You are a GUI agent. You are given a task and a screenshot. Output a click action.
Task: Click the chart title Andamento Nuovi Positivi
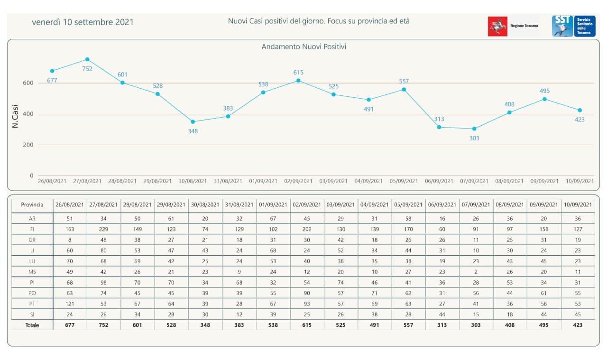pyautogui.click(x=304, y=46)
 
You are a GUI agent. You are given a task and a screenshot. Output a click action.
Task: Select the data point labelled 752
pyautogui.click(x=87, y=59)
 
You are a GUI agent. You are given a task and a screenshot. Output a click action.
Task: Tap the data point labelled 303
pyautogui.click(x=474, y=129)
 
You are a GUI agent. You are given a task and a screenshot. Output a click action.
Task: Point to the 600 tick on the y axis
pyautogui.click(x=28, y=83)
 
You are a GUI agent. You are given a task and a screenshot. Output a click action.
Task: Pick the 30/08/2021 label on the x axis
pyautogui.click(x=193, y=181)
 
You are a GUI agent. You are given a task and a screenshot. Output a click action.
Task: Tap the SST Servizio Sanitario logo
pyautogui.click(x=573, y=26)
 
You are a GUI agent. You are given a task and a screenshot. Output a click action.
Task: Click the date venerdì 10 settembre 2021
pyautogui.click(x=83, y=22)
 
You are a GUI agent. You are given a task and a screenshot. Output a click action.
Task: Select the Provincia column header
pyautogui.click(x=32, y=205)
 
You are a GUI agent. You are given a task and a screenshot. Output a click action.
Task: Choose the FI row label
pyautogui.click(x=32, y=229)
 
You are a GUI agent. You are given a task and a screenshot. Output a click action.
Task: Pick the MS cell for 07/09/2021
pyautogui.click(x=476, y=272)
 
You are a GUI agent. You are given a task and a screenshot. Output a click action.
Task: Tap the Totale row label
pyautogui.click(x=32, y=325)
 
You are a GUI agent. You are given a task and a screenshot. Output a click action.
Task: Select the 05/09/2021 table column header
pyautogui.click(x=408, y=205)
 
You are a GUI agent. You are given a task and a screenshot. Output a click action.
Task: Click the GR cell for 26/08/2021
pyautogui.click(x=70, y=240)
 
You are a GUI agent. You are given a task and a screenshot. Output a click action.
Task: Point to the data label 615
pyautogui.click(x=298, y=73)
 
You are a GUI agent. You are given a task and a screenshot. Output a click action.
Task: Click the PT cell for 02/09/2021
pyautogui.click(x=307, y=304)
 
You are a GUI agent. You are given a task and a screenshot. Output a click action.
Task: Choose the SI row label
pyautogui.click(x=32, y=314)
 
